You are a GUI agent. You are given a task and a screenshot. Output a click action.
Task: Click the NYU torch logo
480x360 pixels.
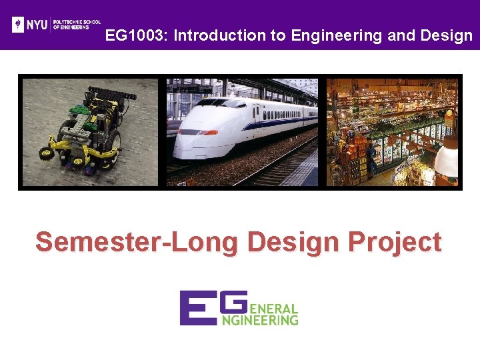pos(18,25)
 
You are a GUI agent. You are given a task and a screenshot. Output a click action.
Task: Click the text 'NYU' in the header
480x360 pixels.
pos(37,25)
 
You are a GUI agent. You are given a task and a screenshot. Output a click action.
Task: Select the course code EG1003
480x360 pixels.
pos(136,35)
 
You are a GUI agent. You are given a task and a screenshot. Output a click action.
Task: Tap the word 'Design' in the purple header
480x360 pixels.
pos(447,35)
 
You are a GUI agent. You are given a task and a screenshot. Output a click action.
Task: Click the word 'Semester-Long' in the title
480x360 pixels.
pos(136,241)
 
